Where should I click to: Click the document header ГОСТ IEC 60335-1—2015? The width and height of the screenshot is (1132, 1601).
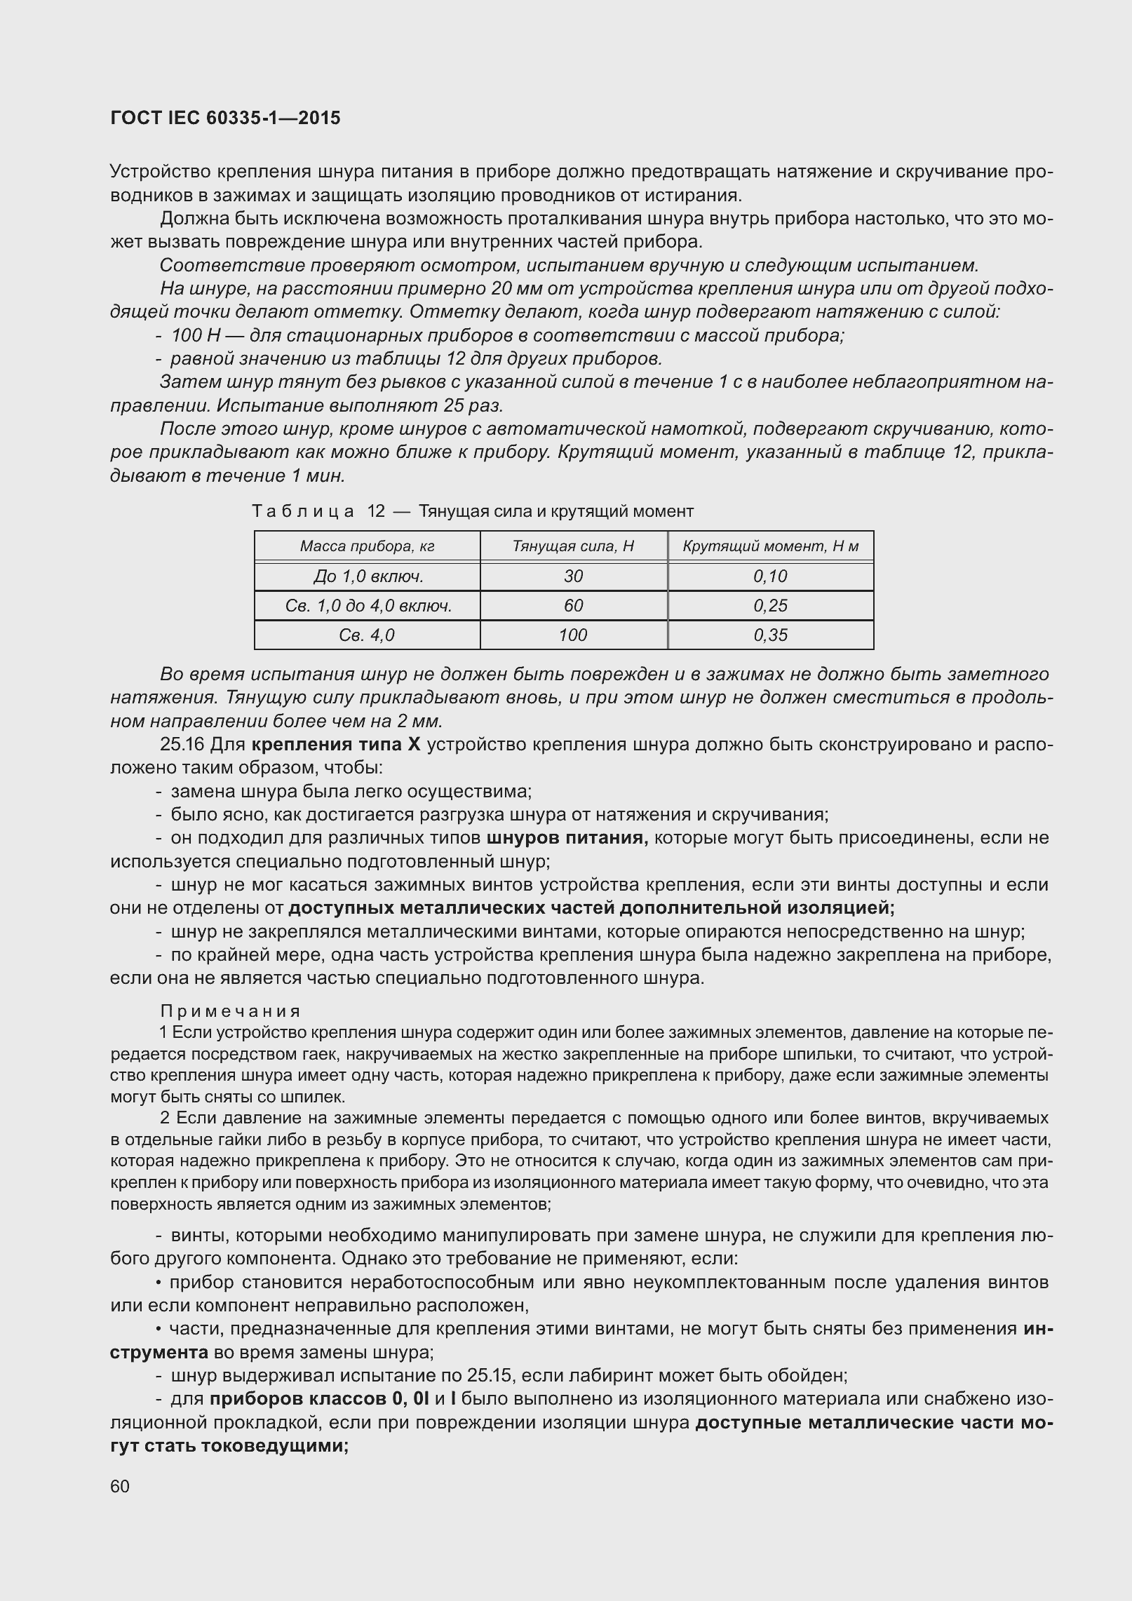coord(225,118)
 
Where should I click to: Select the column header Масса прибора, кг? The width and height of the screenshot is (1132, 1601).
coord(367,546)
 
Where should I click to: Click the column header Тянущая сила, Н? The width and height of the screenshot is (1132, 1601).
coord(573,546)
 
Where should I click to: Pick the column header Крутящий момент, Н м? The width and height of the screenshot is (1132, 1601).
coord(770,546)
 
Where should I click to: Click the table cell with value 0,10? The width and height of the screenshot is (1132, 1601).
coord(770,576)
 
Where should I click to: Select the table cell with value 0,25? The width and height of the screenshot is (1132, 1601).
coord(770,606)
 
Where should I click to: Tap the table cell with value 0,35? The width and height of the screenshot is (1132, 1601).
coord(770,635)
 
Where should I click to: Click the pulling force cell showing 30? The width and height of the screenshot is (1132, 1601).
coord(573,576)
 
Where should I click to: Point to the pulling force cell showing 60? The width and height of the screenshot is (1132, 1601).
coord(573,606)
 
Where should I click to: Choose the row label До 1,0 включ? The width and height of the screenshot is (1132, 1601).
coord(368,576)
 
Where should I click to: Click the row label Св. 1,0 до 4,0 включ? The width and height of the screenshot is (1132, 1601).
coord(368,606)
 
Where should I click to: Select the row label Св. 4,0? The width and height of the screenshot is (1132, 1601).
coord(367,635)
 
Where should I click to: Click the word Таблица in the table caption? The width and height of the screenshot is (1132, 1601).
coord(303,511)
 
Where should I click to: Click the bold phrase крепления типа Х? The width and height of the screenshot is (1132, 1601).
coord(335,744)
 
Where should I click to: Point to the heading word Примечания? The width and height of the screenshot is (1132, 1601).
coord(230,1011)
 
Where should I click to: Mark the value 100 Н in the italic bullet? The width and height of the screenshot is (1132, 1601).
coord(191,335)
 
